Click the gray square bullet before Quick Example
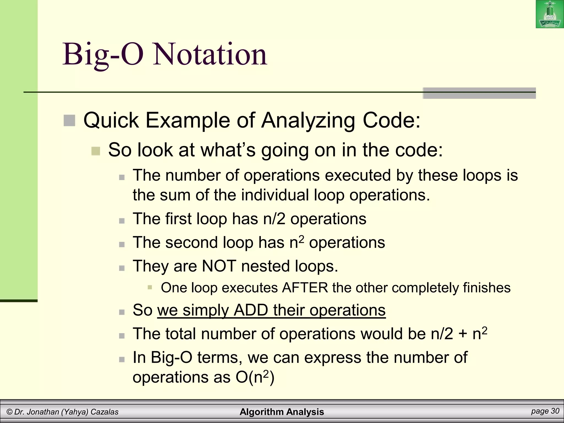[x=69, y=121]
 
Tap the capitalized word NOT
[x=219, y=266]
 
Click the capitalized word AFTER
[x=305, y=288]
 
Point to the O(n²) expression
[x=255, y=377]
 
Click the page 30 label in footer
[x=545, y=411]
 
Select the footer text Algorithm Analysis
[x=282, y=412]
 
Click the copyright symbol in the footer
[x=9, y=412]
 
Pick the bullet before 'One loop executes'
[x=150, y=288]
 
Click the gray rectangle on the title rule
[x=479, y=93]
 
